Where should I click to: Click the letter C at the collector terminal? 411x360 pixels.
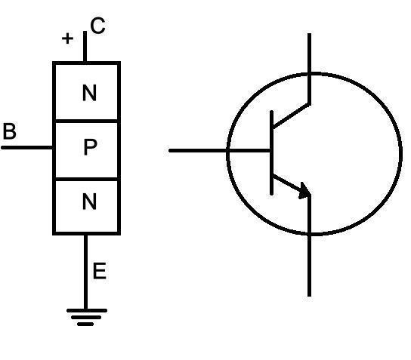tap(97, 26)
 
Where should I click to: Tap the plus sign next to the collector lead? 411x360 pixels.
tap(68, 38)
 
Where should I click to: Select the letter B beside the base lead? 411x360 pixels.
tap(9, 131)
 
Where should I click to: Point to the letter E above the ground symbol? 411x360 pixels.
tap(100, 270)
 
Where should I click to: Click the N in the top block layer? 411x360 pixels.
tap(89, 93)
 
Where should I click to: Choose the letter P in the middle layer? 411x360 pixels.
tap(90, 147)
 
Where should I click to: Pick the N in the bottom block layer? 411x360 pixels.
tap(89, 202)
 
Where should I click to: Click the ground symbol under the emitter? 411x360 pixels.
tap(87, 317)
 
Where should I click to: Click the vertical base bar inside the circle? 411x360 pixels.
tap(272, 153)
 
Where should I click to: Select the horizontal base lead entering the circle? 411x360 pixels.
tap(219, 150)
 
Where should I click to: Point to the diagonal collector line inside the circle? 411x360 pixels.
tap(291, 115)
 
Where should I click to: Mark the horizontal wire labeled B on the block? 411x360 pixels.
tap(27, 148)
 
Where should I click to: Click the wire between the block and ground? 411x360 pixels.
tap(85, 272)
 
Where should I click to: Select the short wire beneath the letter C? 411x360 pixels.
tap(85, 47)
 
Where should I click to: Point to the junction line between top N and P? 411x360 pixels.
tap(86, 121)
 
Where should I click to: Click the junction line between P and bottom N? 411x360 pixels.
tap(86, 179)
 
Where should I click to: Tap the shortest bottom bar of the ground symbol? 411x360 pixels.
tap(85, 325)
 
